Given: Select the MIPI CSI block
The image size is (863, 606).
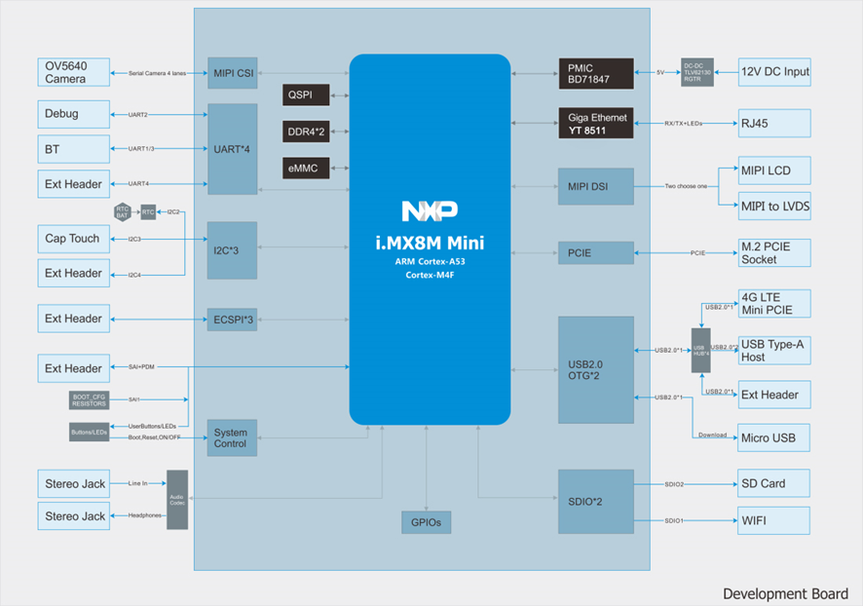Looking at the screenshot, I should pos(233,73).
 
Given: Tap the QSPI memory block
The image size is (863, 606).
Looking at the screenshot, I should pos(306,95).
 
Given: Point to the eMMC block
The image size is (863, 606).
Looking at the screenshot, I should pos(306,168).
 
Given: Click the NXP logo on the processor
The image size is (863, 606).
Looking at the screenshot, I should pos(429,211).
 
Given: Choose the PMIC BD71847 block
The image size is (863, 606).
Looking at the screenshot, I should pos(595,73).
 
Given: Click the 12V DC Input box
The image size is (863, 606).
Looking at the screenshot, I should pos(774,72).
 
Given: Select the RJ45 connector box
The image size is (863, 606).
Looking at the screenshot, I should pos(774,124).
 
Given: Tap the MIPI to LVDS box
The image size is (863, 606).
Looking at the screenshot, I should pos(774,206).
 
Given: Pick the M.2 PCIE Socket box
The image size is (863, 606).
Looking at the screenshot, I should pos(774,253).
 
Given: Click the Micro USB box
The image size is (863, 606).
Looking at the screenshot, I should pos(774,437).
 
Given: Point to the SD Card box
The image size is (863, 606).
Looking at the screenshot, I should pos(774,484).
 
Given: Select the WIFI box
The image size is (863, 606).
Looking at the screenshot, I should pos(774,520).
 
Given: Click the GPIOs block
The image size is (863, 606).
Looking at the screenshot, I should pos(427,522).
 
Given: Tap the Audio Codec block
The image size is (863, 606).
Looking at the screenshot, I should pos(177,500).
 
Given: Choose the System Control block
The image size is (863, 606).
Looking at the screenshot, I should pos(232,438).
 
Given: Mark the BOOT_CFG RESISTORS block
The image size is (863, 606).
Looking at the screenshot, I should pos(90,400).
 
